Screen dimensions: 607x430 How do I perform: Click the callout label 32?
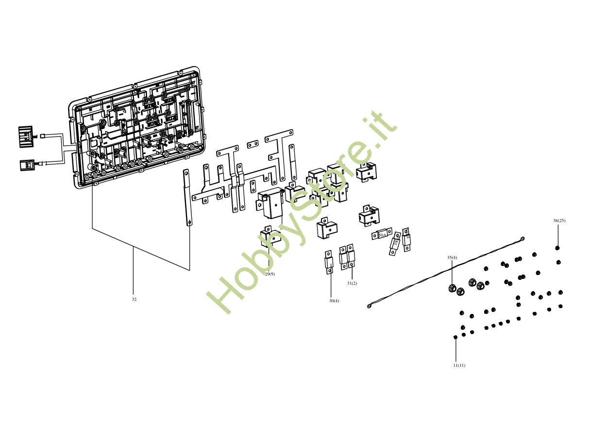pos(134,299)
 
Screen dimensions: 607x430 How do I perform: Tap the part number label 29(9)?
pos(270,274)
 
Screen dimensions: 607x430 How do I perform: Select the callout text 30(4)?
pos(334,301)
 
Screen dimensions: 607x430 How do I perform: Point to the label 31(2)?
pos(352,283)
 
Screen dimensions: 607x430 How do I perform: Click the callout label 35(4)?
pos(452,258)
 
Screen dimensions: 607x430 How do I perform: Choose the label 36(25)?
pos(559,221)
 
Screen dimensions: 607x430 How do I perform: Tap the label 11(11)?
pos(459,365)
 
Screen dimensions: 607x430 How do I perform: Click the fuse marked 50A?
pos(382,235)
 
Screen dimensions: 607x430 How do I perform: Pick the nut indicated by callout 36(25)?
pos(557,248)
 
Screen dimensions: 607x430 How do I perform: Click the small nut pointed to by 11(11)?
pos(455,337)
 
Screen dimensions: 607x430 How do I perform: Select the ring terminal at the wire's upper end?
pos(522,239)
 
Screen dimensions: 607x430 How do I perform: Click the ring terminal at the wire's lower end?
pos(370,306)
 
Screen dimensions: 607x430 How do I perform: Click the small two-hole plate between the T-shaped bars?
pos(253,144)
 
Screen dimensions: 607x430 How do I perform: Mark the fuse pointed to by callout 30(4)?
pos(329,263)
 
